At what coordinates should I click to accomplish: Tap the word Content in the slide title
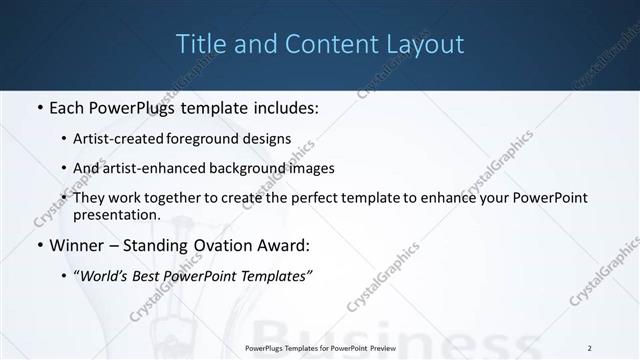pyautogui.click(x=323, y=44)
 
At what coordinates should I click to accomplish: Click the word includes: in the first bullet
pyautogui.click(x=284, y=106)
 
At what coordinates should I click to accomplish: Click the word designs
pyautogui.click(x=270, y=138)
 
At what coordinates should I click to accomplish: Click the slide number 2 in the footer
pyautogui.click(x=590, y=348)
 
